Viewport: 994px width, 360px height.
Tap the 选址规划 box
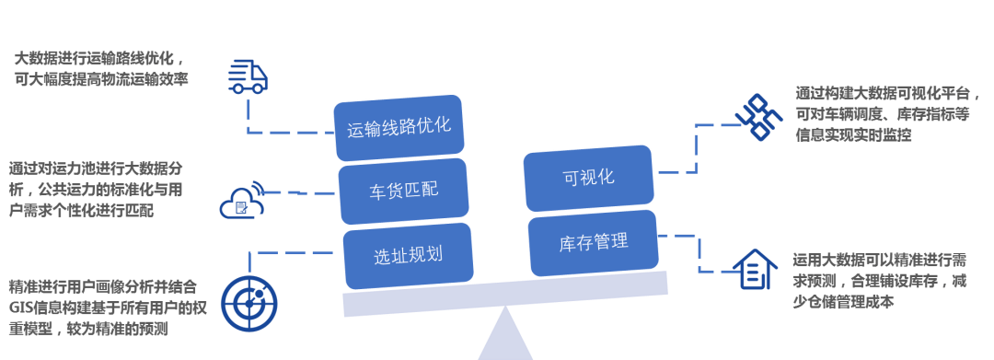point(408,255)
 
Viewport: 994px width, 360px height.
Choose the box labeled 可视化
point(588,177)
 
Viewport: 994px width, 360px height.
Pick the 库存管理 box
point(594,243)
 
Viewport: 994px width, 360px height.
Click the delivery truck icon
point(248,76)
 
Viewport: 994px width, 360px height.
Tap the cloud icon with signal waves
point(241,201)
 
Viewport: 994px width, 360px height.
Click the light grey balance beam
point(504,294)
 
